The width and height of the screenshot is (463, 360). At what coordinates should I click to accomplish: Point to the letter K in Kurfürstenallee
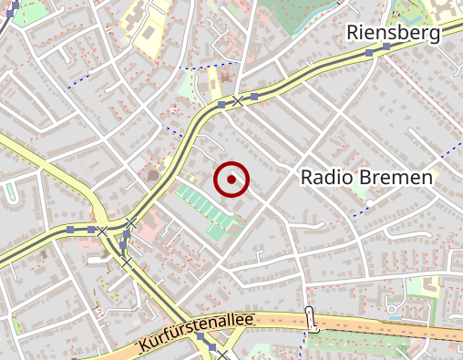pyautogui.click(x=144, y=347)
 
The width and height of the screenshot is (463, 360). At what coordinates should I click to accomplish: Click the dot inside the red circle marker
pyautogui.click(x=231, y=180)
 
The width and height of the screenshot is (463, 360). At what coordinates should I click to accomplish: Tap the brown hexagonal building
pyautogui.click(x=152, y=174)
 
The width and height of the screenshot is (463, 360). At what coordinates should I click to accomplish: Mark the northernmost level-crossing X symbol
pyautogui.click(x=237, y=100)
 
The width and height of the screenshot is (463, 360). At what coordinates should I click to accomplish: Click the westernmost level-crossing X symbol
pyautogui.click(x=102, y=231)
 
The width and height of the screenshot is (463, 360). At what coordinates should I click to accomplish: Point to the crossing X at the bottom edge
pyautogui.click(x=221, y=355)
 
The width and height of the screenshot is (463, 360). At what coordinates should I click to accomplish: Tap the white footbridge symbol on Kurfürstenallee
pyautogui.click(x=310, y=320)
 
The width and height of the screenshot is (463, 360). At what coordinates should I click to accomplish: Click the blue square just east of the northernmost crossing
pyautogui.click(x=254, y=95)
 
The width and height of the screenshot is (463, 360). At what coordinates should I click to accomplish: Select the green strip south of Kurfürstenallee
pyautogui.click(x=365, y=342)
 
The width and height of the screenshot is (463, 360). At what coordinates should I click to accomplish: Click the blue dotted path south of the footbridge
pyautogui.click(x=304, y=347)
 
